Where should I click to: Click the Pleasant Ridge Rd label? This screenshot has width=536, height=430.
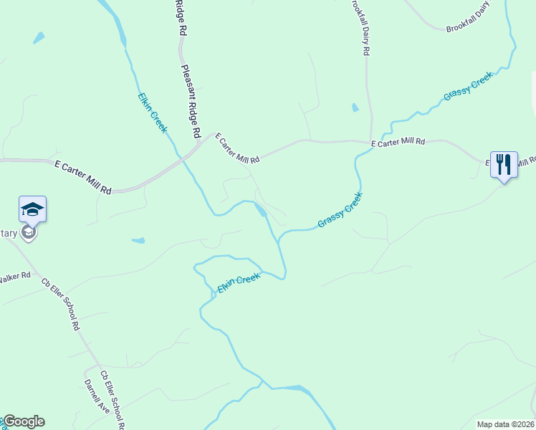pos(190,102)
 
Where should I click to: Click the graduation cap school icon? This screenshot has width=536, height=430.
pos(32,209)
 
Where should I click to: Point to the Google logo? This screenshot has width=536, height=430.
pos(24,421)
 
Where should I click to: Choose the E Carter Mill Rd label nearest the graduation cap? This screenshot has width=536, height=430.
pos(83,176)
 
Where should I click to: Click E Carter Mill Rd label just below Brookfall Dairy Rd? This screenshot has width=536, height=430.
pos(398,143)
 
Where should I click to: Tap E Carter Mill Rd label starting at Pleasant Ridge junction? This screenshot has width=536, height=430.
pos(237,148)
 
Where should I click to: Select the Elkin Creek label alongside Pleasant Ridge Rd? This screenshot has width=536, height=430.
pos(153,113)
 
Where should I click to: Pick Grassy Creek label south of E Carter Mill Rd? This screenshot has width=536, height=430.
pos(340,209)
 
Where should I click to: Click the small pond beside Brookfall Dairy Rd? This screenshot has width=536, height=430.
pos(355,108)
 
